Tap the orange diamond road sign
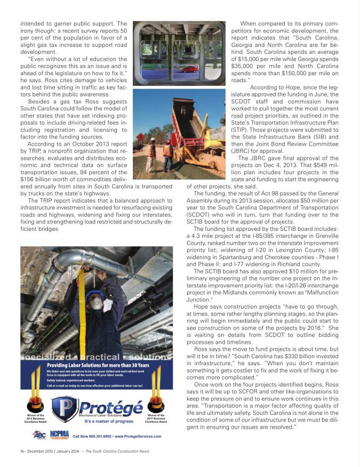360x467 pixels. click(x=140, y=137)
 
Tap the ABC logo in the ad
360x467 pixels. click(x=39, y=435)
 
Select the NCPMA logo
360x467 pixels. click(x=59, y=434)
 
